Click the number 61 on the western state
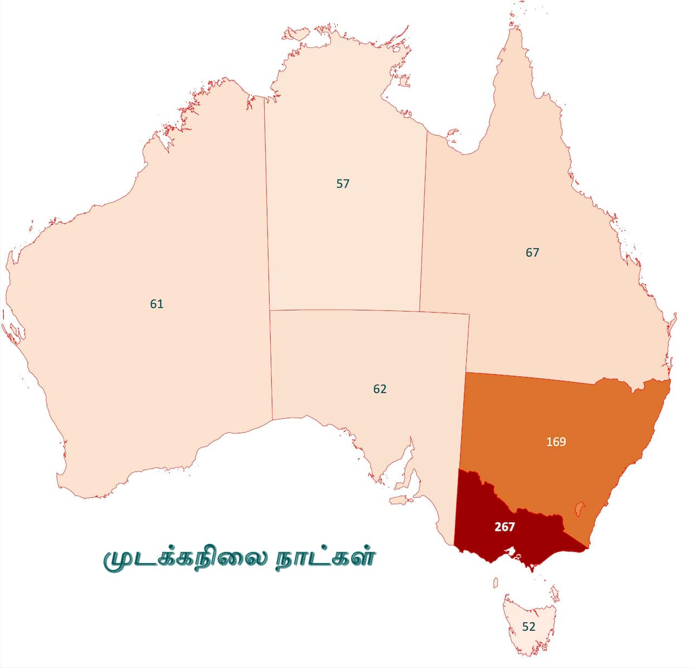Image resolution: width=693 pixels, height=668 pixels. [156, 304]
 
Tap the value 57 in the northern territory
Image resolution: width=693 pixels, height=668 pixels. [343, 184]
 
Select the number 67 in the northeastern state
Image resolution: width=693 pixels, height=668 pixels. [532, 252]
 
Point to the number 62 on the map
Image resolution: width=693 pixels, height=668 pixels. [380, 389]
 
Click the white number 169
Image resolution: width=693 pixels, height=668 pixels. [556, 442]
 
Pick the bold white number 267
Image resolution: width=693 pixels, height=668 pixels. [504, 527]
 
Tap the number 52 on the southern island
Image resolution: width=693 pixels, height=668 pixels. [528, 626]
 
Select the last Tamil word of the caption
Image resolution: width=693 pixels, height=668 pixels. [325, 559]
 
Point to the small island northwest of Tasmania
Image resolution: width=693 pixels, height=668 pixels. [495, 582]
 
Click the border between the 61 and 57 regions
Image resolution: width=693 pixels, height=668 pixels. [267, 217]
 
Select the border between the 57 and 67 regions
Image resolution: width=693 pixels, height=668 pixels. [423, 217]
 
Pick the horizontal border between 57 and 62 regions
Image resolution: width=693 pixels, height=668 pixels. [368, 311]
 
